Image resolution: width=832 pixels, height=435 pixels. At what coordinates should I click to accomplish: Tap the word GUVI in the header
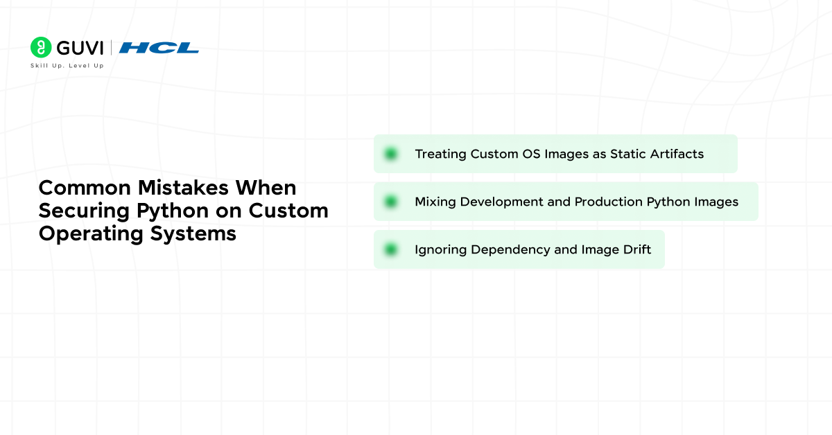tap(80, 48)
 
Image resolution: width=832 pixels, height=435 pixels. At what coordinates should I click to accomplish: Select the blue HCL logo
tap(159, 48)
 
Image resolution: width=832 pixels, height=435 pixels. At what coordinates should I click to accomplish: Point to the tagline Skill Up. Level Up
tap(67, 66)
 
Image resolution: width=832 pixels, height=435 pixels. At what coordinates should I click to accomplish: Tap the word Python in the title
tap(168, 211)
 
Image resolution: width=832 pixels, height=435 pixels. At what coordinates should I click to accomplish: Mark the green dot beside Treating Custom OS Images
tap(391, 154)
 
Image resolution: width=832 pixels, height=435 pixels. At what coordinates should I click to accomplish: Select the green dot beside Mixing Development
tap(391, 202)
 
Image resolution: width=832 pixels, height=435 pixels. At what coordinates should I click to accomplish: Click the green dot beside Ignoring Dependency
tap(391, 249)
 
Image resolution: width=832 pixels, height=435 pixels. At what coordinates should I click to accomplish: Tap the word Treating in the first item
tap(440, 154)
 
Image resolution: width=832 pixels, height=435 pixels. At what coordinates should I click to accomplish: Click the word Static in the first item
tap(626, 154)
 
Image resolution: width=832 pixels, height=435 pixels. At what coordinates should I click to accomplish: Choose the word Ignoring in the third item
tap(441, 249)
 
